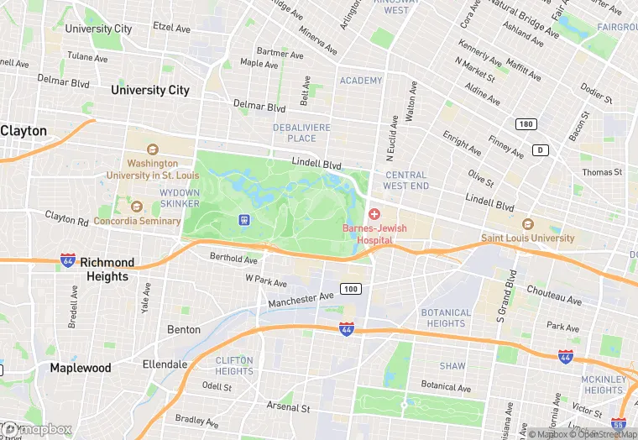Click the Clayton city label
click(x=24, y=131)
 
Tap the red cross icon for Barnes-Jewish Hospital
click(x=374, y=215)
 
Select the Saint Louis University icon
click(x=528, y=225)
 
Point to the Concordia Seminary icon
click(x=136, y=207)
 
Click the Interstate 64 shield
click(x=68, y=261)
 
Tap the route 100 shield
click(x=351, y=289)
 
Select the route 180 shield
click(x=526, y=124)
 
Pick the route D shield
click(x=541, y=150)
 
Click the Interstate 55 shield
click(x=620, y=425)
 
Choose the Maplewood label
click(x=80, y=368)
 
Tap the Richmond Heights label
click(x=107, y=270)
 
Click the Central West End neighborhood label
click(x=406, y=180)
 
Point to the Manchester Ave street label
click(x=301, y=299)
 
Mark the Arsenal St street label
click(x=289, y=407)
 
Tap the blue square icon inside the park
click(x=244, y=220)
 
